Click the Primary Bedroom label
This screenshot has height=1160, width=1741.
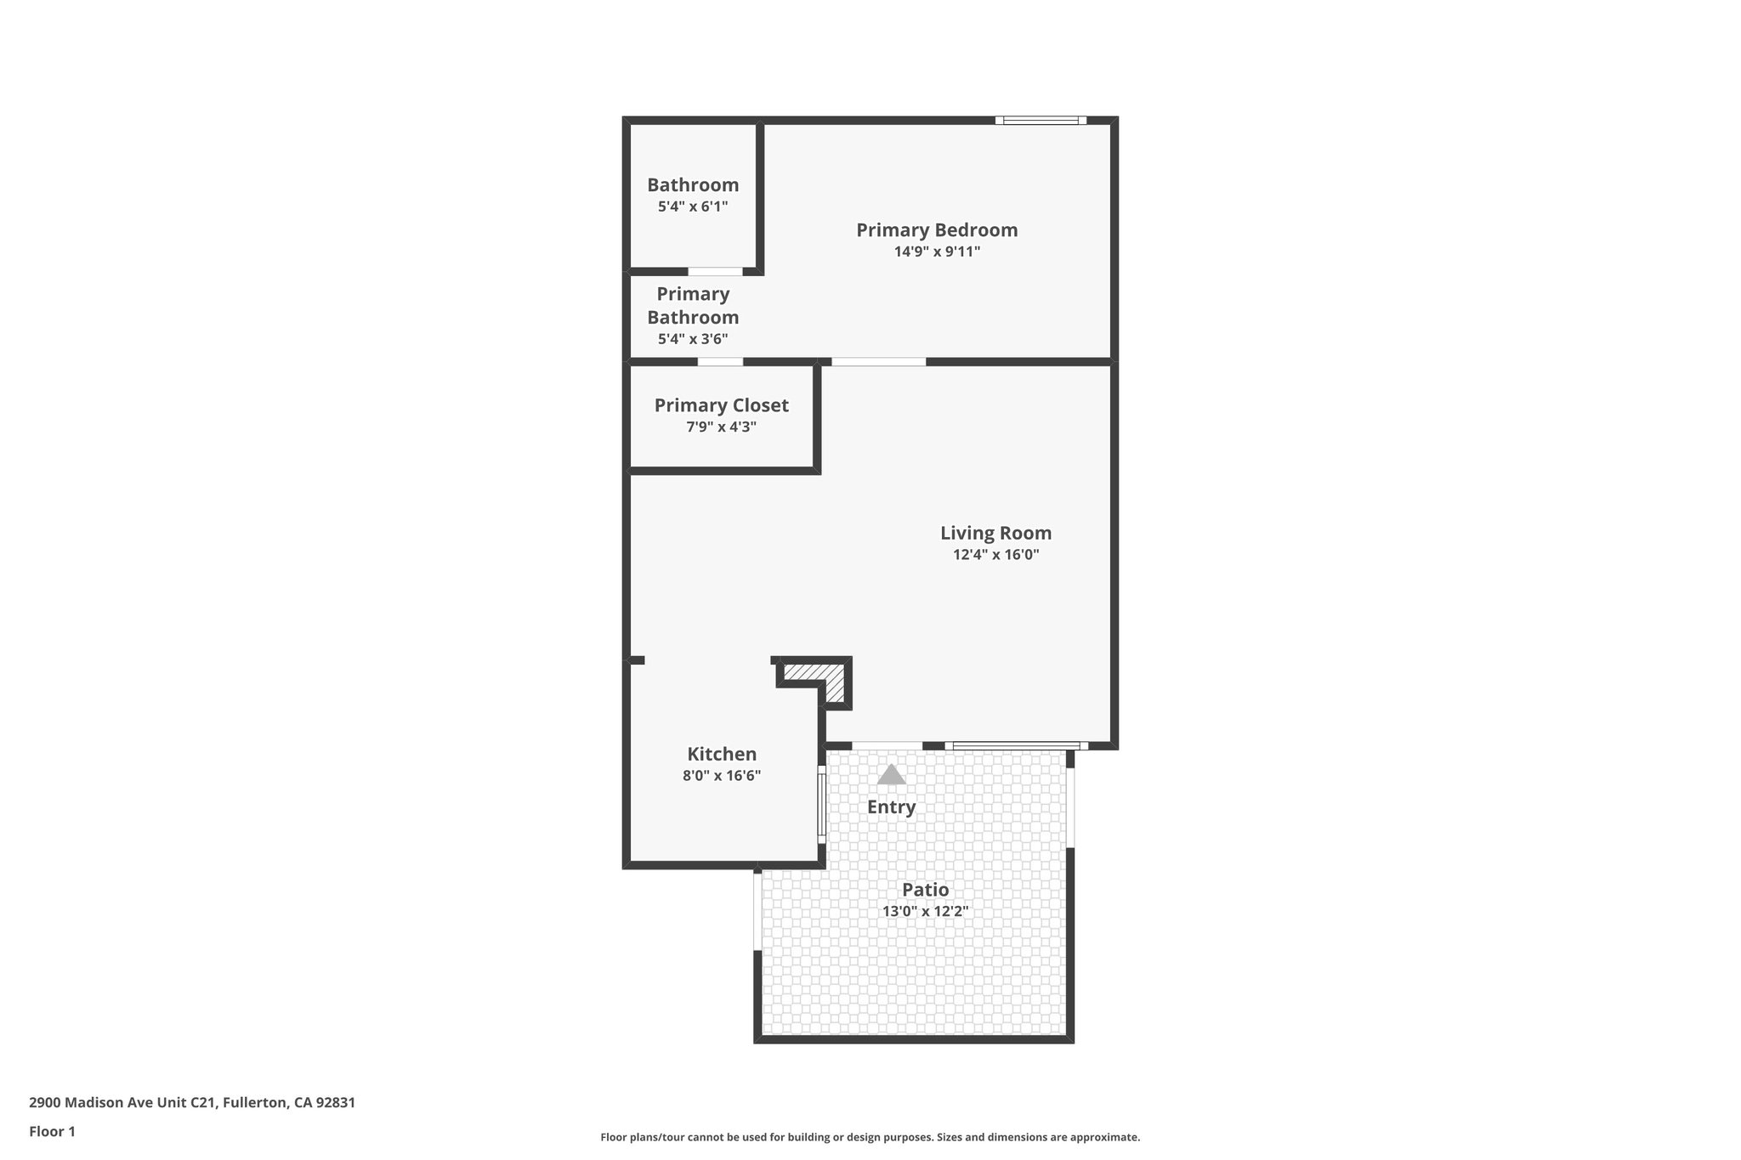click(x=937, y=230)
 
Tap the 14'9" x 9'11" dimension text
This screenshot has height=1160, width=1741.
click(x=937, y=252)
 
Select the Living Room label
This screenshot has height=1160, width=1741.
click(x=995, y=534)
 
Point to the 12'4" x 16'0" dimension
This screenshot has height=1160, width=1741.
click(x=995, y=555)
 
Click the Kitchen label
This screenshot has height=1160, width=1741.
click(x=722, y=755)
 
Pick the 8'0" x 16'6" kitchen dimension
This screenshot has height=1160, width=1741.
click(x=722, y=776)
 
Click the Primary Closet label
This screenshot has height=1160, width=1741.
click(x=721, y=406)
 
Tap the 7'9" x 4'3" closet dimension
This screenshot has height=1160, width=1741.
click(x=721, y=427)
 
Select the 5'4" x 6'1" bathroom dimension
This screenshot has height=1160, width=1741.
click(x=693, y=207)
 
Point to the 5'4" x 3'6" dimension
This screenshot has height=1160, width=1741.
click(x=693, y=339)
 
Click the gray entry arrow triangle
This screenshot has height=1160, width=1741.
click(x=891, y=775)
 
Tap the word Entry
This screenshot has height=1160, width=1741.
click(x=891, y=807)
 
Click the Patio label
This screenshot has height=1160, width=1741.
click(x=925, y=890)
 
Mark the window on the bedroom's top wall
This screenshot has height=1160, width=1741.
click(x=1041, y=121)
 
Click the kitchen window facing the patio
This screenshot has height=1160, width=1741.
click(x=821, y=803)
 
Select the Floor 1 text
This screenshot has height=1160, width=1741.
click(x=52, y=1132)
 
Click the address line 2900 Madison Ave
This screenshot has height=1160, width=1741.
click(x=192, y=1103)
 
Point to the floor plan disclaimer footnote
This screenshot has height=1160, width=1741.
click(x=870, y=1137)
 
